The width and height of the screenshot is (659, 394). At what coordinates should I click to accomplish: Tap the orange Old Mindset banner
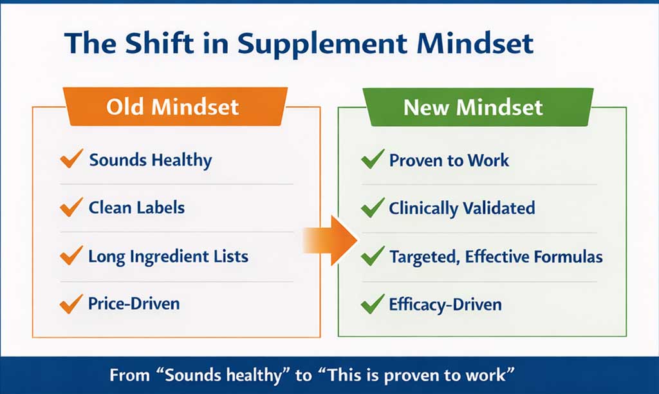coord(175,106)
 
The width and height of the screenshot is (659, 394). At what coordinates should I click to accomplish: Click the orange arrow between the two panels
coord(330,241)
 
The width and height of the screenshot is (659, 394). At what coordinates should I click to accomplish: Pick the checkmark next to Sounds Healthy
coord(71,158)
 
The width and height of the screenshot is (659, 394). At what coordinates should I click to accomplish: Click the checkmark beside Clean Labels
coord(71,207)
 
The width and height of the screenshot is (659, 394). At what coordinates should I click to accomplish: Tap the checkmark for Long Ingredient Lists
coord(71,255)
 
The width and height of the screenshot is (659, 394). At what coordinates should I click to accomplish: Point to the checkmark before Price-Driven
coord(71,304)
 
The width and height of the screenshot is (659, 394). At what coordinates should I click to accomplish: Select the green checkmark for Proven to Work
coord(373,159)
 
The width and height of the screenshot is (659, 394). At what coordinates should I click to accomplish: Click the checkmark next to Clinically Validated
coord(373,207)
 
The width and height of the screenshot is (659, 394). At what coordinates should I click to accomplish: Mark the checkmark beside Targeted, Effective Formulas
coord(373,256)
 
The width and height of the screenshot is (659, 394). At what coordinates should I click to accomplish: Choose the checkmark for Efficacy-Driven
coord(373,304)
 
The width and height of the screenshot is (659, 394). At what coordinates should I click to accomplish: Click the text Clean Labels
coord(136,207)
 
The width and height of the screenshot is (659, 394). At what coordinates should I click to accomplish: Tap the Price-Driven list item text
coord(134,303)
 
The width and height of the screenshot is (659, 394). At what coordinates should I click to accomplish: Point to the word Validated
coord(499,208)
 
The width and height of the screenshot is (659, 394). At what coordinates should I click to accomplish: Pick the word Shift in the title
coord(160,43)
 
